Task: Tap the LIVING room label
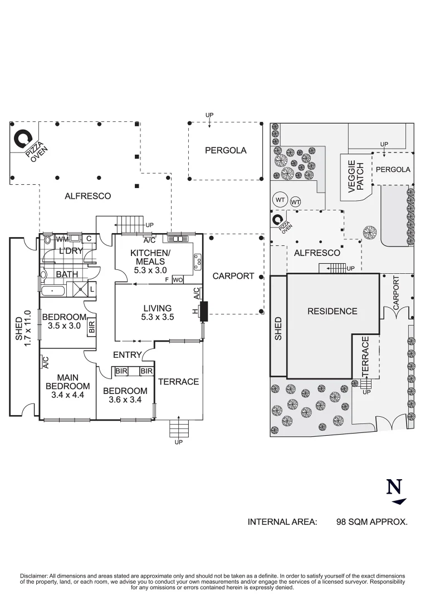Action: pyautogui.click(x=157, y=308)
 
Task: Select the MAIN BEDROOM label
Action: pyautogui.click(x=67, y=382)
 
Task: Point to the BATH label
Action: pyautogui.click(x=67, y=274)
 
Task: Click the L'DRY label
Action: pyautogui.click(x=71, y=251)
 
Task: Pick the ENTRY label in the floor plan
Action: pyautogui.click(x=127, y=354)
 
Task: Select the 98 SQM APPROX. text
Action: pyautogui.click(x=372, y=522)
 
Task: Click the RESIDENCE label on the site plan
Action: pyautogui.click(x=332, y=311)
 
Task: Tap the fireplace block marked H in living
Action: pyautogui.click(x=203, y=311)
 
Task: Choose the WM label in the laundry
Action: pyautogui.click(x=62, y=239)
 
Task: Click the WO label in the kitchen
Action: pyautogui.click(x=178, y=279)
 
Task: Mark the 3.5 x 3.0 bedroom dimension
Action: pyautogui.click(x=61, y=326)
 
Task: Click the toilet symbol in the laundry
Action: pyautogui.click(x=47, y=240)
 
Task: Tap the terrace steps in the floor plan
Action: pyautogui.click(x=179, y=428)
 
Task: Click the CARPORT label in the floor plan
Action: pyautogui.click(x=233, y=276)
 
